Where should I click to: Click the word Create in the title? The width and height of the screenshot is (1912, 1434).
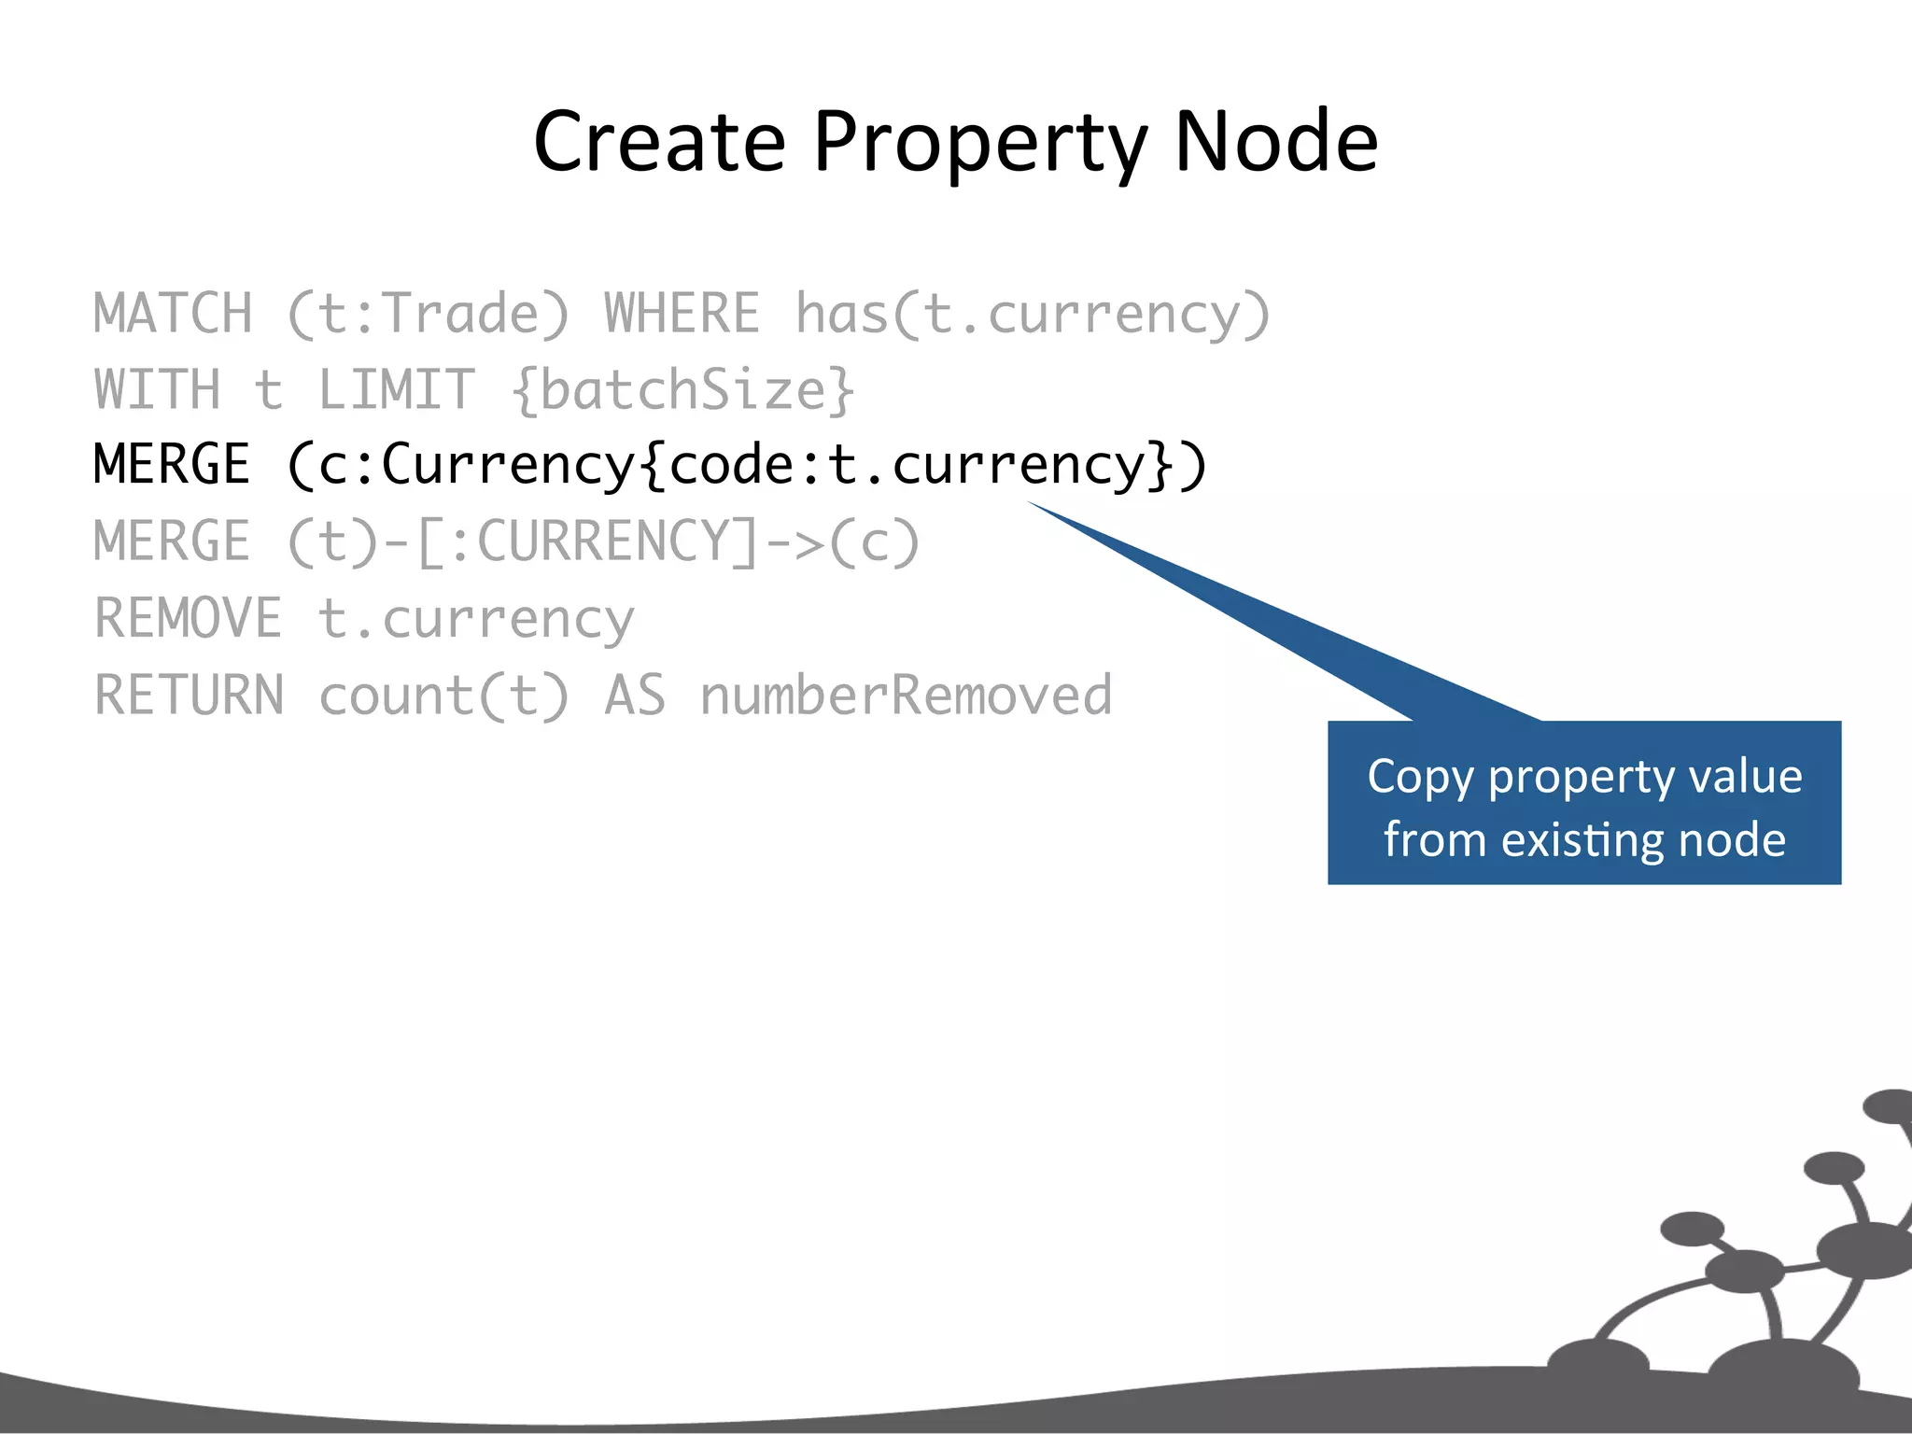(659, 142)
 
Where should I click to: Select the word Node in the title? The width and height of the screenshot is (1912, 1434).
(1275, 142)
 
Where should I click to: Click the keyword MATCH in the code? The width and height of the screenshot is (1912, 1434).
(173, 314)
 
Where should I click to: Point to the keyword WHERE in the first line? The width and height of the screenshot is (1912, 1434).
(682, 314)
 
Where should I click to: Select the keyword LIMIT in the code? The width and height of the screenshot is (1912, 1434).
(396, 390)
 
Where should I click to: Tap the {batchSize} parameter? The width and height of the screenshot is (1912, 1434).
(682, 390)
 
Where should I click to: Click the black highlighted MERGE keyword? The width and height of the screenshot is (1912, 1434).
(173, 465)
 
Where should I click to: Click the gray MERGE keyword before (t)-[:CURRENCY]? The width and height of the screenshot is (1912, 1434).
(173, 541)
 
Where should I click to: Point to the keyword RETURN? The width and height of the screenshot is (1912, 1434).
(189, 696)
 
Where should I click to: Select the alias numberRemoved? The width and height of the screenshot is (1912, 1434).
(906, 696)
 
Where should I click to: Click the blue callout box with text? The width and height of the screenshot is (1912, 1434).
(1583, 803)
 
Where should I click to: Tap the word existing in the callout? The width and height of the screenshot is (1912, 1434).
(1584, 839)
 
